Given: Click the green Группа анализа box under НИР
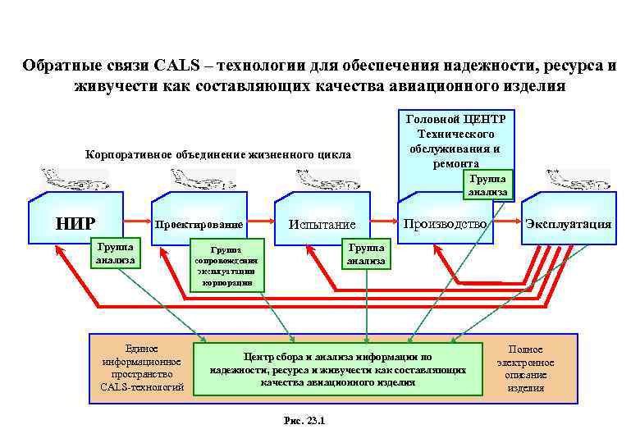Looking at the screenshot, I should pyautogui.click(x=116, y=253).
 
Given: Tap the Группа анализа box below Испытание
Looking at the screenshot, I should pyautogui.click(x=365, y=253).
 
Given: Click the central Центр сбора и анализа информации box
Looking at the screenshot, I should pyautogui.click(x=337, y=368).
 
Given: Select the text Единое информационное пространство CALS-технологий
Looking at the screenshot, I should pyautogui.click(x=142, y=368).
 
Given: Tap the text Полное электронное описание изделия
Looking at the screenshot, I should pyautogui.click(x=525, y=368).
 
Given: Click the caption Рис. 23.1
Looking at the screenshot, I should pyautogui.click(x=304, y=420).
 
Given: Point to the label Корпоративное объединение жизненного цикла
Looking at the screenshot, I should pyautogui.click(x=218, y=154).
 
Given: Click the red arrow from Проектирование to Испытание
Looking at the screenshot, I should pyautogui.click(x=260, y=221).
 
